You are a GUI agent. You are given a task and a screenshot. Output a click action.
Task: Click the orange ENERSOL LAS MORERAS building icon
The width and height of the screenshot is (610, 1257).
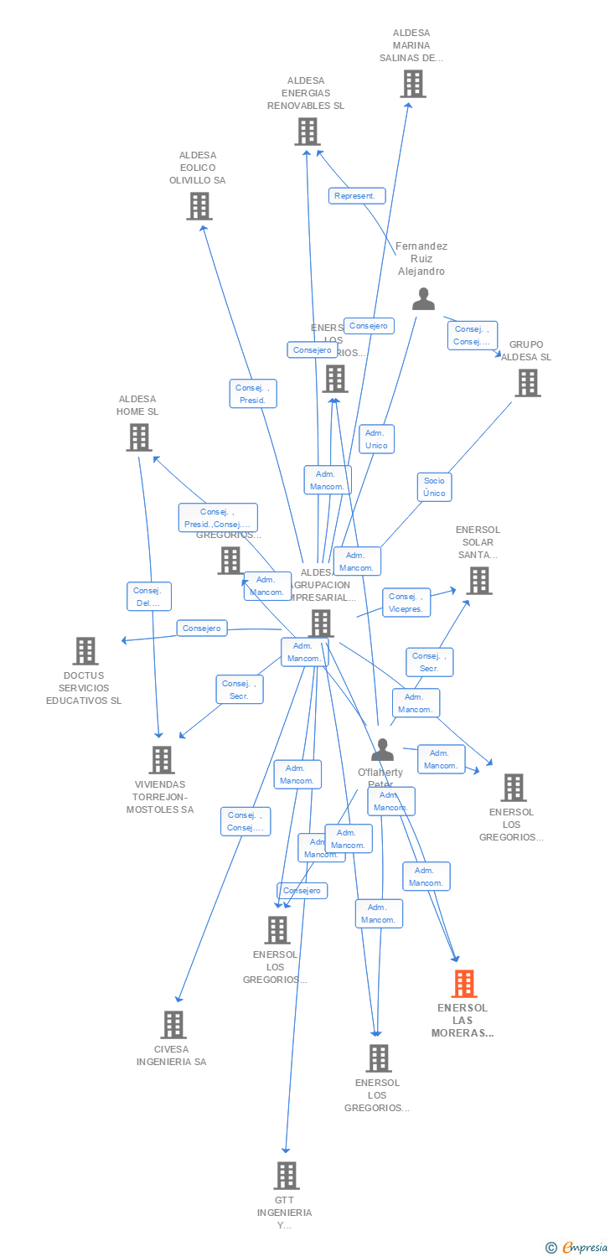464,984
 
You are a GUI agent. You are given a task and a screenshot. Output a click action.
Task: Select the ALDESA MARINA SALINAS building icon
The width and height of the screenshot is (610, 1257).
412,84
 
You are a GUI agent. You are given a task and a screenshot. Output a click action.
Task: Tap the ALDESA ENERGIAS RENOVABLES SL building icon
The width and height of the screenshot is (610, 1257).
308,132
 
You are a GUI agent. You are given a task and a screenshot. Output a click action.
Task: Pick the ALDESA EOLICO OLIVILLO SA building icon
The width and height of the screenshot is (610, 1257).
199,206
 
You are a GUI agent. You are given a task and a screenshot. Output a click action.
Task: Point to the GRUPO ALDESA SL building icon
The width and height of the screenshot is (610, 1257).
527,383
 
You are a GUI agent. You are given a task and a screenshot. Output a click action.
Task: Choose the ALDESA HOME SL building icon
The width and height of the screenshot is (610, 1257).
138,437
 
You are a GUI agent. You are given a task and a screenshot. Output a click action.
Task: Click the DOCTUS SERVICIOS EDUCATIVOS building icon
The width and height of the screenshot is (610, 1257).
85,651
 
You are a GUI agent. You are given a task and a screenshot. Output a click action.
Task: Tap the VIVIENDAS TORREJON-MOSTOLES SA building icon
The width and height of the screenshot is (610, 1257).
161,760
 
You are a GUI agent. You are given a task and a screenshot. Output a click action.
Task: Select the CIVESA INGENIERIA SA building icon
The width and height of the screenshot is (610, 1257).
173,1025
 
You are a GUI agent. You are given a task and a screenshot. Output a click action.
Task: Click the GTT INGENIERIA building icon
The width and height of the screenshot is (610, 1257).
287,1176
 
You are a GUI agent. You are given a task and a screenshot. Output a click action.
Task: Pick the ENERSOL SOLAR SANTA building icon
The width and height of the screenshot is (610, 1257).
478,581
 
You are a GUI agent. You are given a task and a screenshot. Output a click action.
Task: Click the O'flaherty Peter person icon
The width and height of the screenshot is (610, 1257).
382,750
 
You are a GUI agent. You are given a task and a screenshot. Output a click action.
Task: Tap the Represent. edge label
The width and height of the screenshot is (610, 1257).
357,196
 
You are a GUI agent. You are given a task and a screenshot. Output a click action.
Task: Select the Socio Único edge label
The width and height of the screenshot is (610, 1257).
434,487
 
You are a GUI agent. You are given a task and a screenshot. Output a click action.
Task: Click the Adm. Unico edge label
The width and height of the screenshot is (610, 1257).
376,439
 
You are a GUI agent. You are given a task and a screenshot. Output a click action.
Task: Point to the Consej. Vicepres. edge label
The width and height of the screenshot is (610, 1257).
406,603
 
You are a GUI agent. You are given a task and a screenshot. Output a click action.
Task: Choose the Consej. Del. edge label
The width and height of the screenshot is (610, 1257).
149,597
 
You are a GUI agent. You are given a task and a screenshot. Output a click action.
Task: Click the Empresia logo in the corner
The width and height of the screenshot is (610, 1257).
577,1247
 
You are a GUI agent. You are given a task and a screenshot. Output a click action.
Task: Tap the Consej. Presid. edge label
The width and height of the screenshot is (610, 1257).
253,394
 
